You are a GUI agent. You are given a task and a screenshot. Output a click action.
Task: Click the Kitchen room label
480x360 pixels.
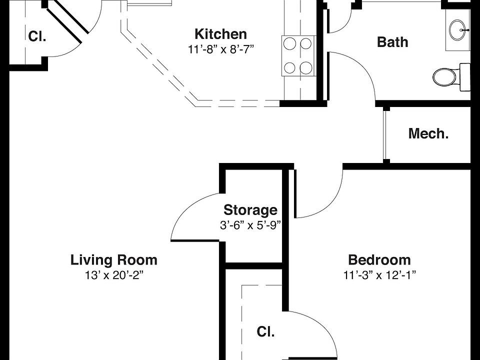[x=220, y=34]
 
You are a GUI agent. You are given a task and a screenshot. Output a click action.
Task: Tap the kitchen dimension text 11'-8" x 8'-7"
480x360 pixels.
[x=221, y=49]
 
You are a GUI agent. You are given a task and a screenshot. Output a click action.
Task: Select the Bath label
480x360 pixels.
[x=392, y=42]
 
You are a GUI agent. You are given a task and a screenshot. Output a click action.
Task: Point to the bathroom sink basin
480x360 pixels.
[x=458, y=30]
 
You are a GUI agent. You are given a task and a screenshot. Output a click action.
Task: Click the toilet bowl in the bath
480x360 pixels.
[x=445, y=77]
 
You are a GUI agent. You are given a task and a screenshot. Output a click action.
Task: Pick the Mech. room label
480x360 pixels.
[x=428, y=134]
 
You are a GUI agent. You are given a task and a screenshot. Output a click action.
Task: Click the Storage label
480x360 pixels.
[x=250, y=210]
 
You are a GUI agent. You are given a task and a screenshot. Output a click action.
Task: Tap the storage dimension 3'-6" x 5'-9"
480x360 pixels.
[x=250, y=225]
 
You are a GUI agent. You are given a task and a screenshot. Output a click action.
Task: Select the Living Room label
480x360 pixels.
[x=114, y=260]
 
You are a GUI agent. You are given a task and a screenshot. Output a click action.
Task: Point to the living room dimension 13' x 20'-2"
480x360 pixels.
[x=114, y=275]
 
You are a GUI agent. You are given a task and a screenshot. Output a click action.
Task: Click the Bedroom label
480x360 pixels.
[x=379, y=260]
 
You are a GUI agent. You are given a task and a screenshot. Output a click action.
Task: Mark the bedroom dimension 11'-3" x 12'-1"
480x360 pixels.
[x=379, y=275]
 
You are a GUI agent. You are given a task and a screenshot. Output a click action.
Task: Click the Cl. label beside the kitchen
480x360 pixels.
[x=37, y=36]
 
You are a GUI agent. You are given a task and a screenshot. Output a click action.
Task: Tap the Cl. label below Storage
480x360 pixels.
[x=265, y=332]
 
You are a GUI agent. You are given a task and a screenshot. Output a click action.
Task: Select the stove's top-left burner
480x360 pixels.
[x=289, y=44]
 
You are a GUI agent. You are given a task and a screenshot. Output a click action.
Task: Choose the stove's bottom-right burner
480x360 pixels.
[x=306, y=67]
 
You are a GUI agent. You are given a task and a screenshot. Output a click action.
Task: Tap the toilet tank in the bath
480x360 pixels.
[x=465, y=77]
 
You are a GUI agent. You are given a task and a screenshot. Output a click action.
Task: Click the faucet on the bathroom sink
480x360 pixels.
[x=465, y=30]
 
